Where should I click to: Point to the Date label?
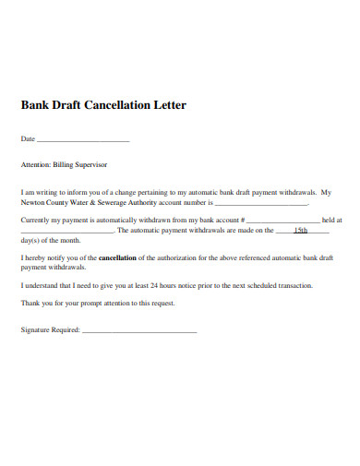28,138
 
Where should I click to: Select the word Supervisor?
94,164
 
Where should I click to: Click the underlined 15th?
300,231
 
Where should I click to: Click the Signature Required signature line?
139,330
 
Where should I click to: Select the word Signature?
35,329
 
